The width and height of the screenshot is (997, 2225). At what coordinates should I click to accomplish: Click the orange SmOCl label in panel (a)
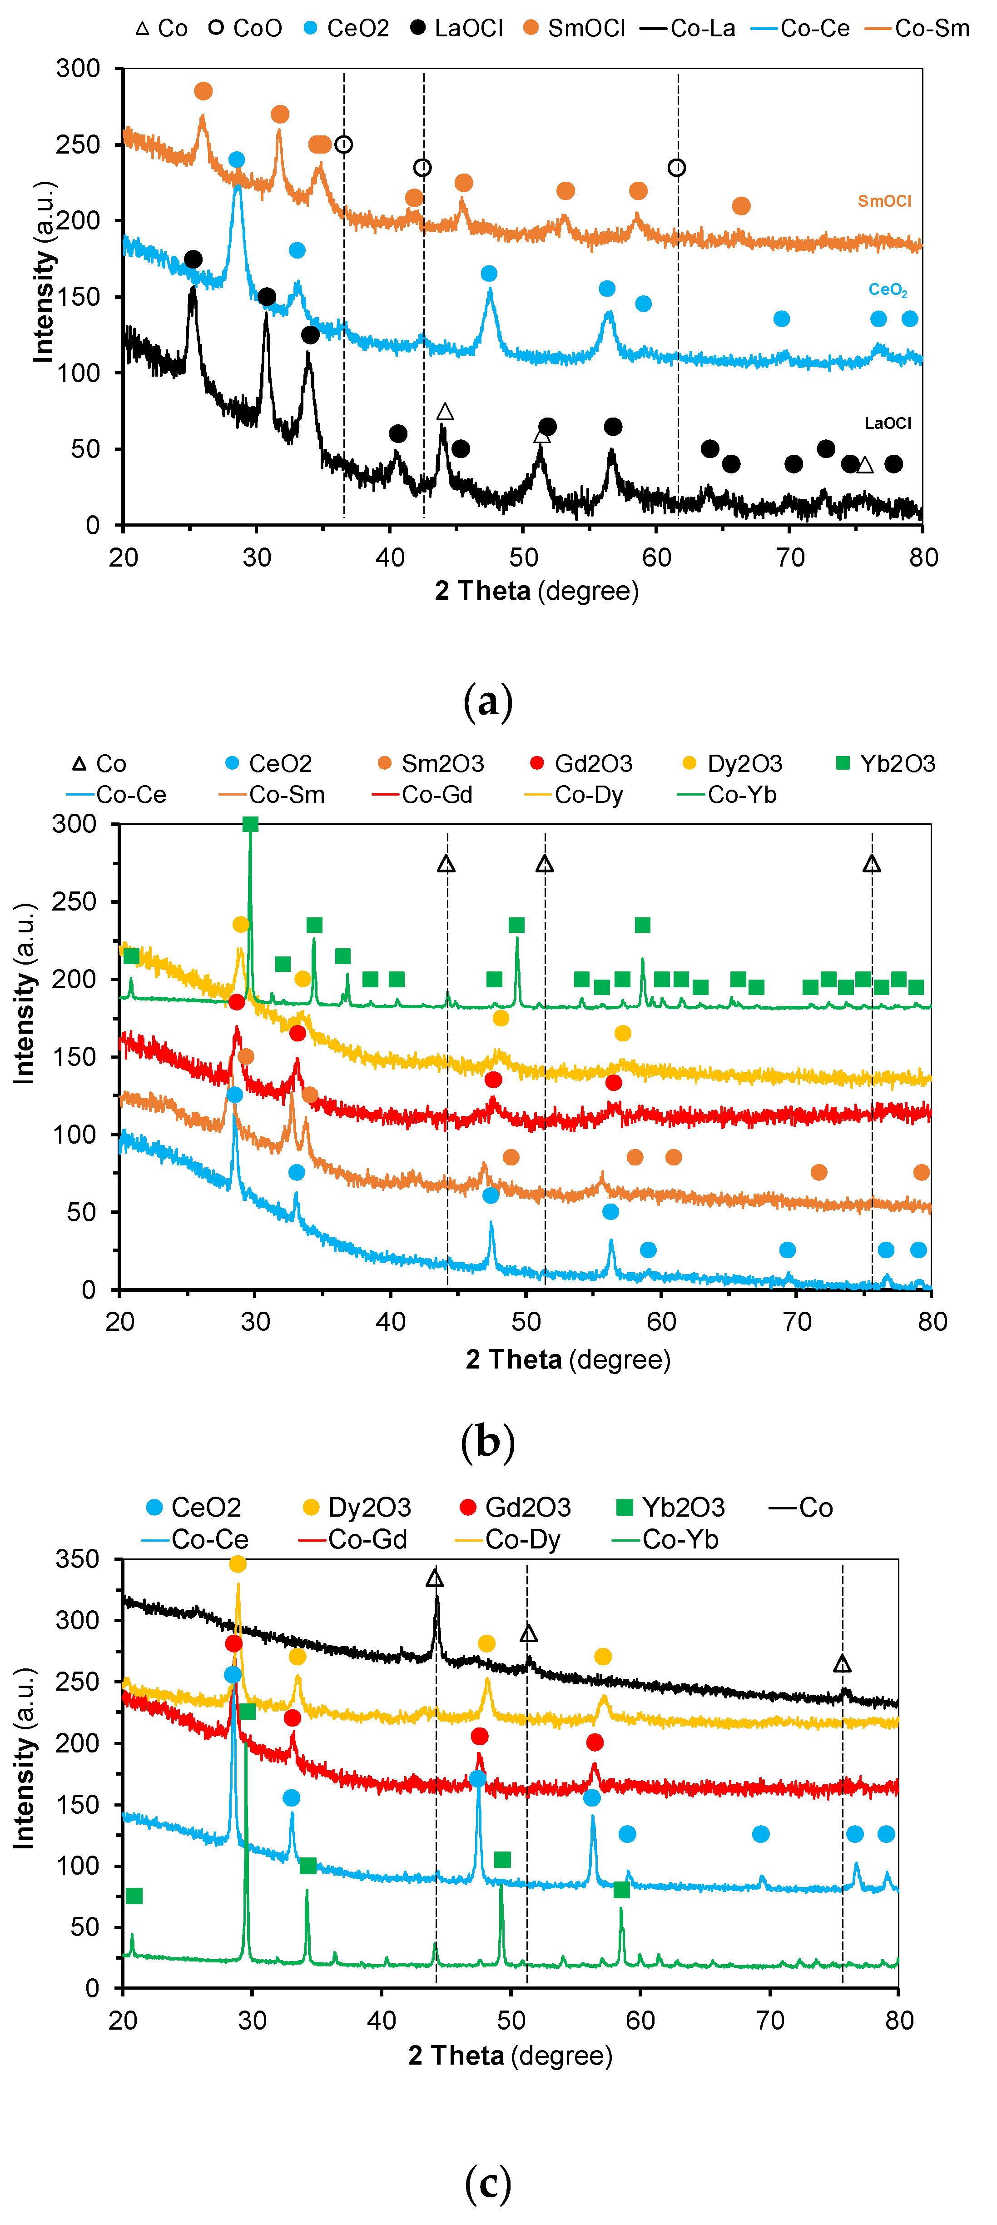pyautogui.click(x=884, y=201)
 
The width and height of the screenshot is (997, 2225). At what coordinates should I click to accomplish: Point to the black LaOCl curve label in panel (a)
pyautogui.click(x=888, y=423)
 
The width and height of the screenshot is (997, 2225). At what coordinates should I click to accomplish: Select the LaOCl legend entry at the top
pyautogui.click(x=456, y=29)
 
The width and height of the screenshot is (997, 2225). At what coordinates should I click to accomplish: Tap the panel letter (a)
pyautogui.click(x=488, y=702)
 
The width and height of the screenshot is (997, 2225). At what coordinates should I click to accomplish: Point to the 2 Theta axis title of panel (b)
pyautogui.click(x=568, y=1359)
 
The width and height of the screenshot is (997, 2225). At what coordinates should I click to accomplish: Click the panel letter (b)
pyautogui.click(x=488, y=1442)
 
